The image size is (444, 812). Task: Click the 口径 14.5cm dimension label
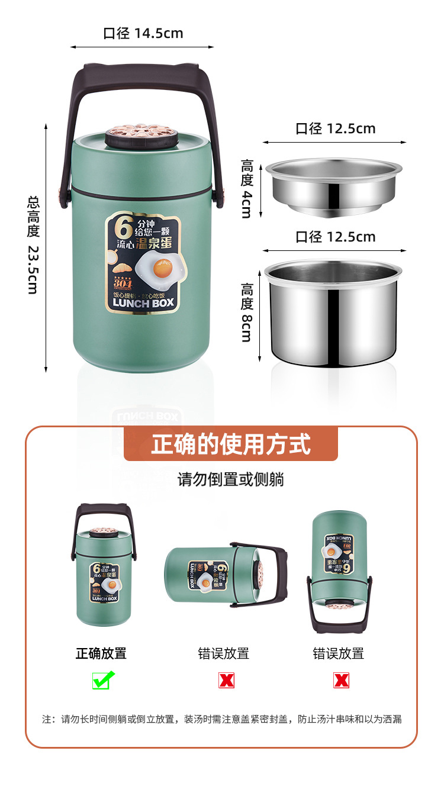tap(143, 33)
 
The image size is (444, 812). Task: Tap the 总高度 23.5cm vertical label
tap(33, 244)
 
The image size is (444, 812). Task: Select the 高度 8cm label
tap(247, 312)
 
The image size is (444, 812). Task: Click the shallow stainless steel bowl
tap(333, 185)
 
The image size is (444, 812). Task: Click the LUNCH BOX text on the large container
tap(143, 302)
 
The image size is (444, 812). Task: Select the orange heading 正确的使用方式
tap(230, 444)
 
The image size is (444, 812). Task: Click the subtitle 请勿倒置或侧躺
tap(230, 479)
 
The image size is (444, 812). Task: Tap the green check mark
tap(103, 681)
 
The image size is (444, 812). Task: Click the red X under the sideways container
tap(226, 681)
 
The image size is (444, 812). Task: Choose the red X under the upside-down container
tap(341, 681)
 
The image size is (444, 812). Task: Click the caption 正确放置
tap(101, 653)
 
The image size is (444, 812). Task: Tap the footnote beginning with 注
tap(222, 719)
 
